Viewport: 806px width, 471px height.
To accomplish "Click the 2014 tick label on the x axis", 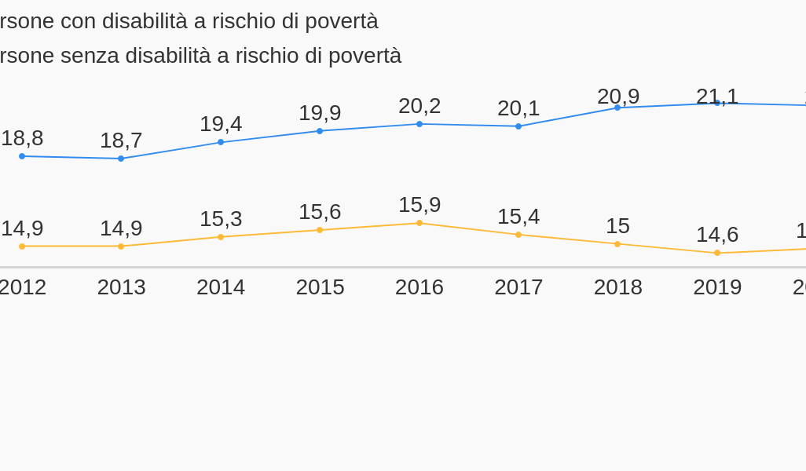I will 221,287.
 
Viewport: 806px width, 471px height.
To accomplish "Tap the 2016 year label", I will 419,287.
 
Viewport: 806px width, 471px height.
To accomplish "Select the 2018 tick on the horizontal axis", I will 618,287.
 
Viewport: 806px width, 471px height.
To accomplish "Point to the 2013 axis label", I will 122,287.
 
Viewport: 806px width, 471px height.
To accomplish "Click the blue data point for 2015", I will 320,131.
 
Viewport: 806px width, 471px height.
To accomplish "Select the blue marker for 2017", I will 518,126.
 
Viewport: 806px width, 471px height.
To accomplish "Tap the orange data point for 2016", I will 419,223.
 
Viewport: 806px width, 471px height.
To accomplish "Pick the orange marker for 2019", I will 717,253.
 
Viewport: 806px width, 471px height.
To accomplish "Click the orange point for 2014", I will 221,237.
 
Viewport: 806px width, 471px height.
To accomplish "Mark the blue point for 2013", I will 121,159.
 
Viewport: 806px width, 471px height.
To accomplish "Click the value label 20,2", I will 419,106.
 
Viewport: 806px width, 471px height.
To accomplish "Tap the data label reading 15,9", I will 419,205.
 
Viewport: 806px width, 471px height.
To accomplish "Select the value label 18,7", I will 121,141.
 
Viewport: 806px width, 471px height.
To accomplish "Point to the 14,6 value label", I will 717,235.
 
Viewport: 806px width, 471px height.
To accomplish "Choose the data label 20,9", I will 618,97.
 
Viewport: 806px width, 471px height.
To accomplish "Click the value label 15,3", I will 221,219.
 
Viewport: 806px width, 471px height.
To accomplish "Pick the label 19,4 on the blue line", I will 221,124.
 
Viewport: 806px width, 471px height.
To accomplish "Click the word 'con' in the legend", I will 79,21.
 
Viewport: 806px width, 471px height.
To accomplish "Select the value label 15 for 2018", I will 617,226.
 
